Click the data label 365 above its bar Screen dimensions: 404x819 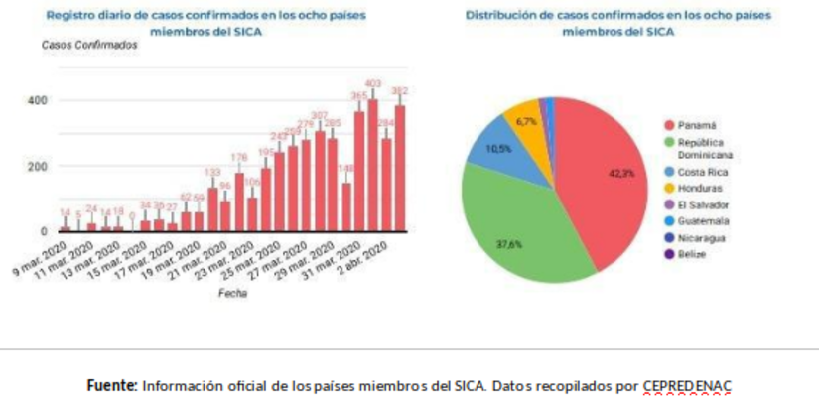coord(359,95)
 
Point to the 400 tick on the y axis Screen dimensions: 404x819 coord(36,100)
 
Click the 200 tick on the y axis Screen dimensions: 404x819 coord(36,166)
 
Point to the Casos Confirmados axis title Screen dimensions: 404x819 coord(89,47)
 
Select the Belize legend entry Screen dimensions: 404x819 coord(696,254)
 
